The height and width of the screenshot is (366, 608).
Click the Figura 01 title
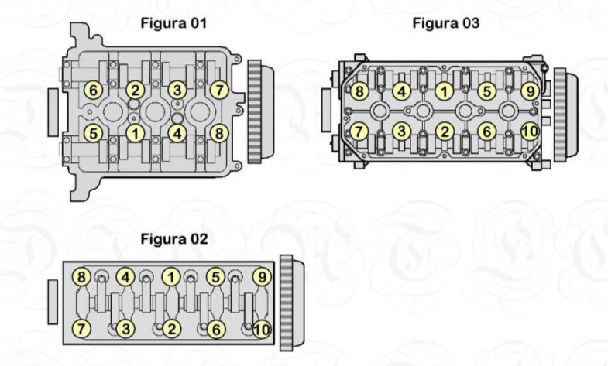173,23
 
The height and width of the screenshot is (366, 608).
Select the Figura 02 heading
174,238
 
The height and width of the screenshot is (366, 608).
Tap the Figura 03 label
446,23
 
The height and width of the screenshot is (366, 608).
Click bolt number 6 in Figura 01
93,91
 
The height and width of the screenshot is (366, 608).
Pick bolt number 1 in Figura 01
136,134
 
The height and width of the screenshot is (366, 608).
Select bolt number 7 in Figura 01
219,91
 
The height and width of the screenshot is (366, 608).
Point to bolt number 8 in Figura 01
219,134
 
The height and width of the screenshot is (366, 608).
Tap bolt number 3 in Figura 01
177,91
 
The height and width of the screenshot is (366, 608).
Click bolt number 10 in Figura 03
530,132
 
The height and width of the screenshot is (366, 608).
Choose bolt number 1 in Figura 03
445,92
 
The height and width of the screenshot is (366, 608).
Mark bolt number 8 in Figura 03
359,92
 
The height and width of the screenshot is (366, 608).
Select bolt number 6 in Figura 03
487,132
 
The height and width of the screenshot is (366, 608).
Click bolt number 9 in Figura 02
262,277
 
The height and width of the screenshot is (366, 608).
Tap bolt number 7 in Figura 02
81,329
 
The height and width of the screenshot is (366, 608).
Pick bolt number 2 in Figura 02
171,329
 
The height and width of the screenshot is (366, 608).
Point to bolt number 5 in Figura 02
216,277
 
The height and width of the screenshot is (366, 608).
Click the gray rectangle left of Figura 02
53,302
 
